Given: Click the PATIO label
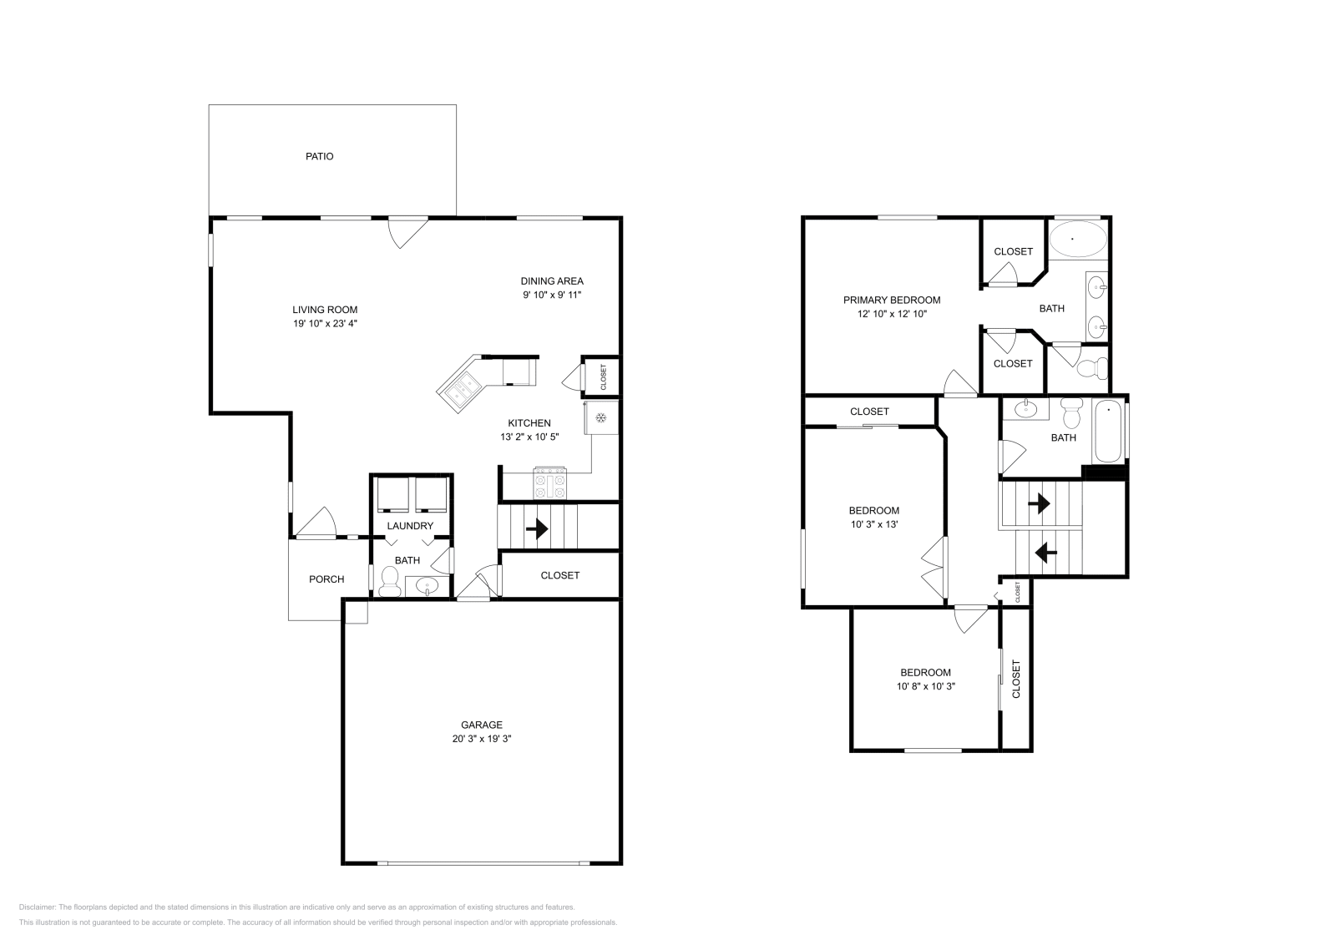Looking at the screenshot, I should coord(319,156).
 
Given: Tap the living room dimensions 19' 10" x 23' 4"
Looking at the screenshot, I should coord(325,323).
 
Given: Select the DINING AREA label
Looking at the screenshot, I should coord(552,280).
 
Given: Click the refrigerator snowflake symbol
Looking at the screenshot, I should coord(600,417).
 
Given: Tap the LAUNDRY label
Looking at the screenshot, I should coord(410,526).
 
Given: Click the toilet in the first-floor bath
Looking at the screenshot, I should coord(389,581).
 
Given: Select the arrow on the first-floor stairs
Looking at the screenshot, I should coord(537,528).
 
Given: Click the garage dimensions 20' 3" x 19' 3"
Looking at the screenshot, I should coord(482,739).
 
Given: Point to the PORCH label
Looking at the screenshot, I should coord(326,579).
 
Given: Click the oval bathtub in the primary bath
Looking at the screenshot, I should coord(1076,239).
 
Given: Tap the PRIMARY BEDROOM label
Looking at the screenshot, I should coord(891,300).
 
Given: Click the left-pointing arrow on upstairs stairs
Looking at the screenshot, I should coord(1045,552).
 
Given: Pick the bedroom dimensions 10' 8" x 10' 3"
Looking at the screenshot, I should coord(925,686).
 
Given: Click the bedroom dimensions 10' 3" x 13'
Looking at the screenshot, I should coord(873,524).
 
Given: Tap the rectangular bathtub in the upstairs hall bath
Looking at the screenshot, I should coord(1107,432).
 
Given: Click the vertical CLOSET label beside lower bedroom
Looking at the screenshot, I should coord(1016,679).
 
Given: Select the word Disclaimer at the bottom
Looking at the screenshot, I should coord(37,907).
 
